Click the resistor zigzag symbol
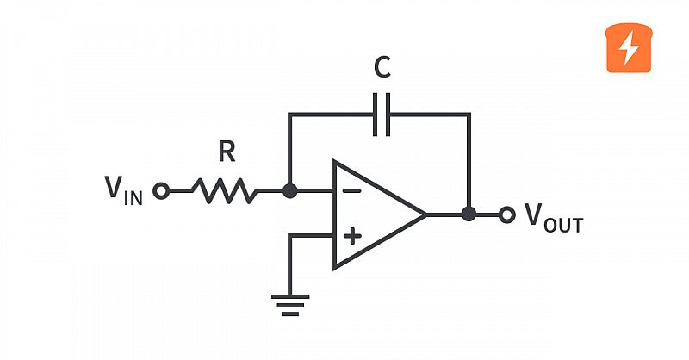tap(224, 191)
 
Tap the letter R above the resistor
tap(227, 153)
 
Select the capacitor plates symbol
tap(381, 114)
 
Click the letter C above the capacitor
tap(382, 68)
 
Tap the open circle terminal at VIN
tap(160, 191)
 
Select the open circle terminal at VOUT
tap(507, 214)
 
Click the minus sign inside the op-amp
tap(351, 191)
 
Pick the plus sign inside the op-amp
tap(351, 235)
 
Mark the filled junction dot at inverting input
tap(290, 191)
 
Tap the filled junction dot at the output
tap(469, 214)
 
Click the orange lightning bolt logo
tap(628, 48)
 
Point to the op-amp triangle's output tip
tap(425, 214)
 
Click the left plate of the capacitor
tap(375, 114)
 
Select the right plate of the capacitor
tap(388, 114)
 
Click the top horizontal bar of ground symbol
tap(290, 298)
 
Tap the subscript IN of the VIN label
tap(133, 197)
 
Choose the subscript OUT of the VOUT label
tap(565, 225)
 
